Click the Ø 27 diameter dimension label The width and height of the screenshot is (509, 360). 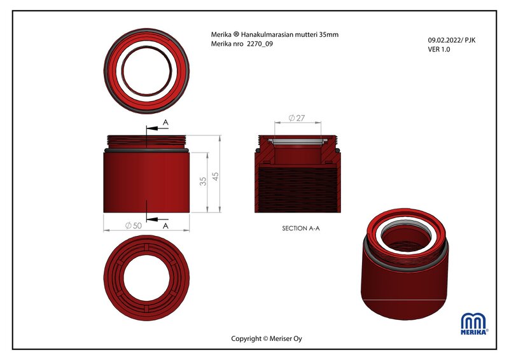click(x=296, y=118)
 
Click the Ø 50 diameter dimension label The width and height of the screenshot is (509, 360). click(x=134, y=225)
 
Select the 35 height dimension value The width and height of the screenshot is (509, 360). click(x=203, y=181)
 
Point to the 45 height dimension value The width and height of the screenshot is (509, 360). click(x=215, y=176)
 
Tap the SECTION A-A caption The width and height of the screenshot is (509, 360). click(x=301, y=228)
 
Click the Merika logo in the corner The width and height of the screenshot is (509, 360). click(x=474, y=324)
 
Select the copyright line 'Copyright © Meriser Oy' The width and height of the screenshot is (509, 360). click(x=267, y=338)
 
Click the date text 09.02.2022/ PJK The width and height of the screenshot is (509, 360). click(x=452, y=40)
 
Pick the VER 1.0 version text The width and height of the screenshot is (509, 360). click(x=439, y=50)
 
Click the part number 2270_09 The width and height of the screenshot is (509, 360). click(x=260, y=44)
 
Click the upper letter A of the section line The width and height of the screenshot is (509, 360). click(x=165, y=122)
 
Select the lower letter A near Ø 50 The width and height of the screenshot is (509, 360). click(x=165, y=226)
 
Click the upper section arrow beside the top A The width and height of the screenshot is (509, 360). click(x=157, y=128)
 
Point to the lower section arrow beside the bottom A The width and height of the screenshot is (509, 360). click(x=157, y=219)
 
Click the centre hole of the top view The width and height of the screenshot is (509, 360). click(x=147, y=71)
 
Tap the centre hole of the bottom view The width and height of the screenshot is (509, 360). click(x=146, y=278)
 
